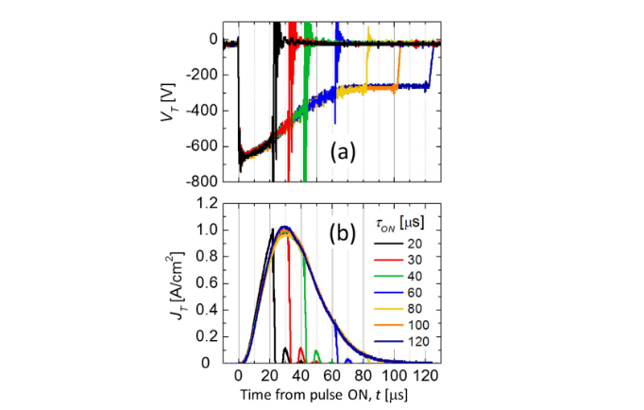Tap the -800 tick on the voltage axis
(x=205, y=180)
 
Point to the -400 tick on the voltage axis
(x=205, y=111)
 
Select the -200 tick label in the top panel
(x=205, y=76)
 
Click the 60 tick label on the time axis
(x=332, y=376)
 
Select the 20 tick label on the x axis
(x=270, y=376)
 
